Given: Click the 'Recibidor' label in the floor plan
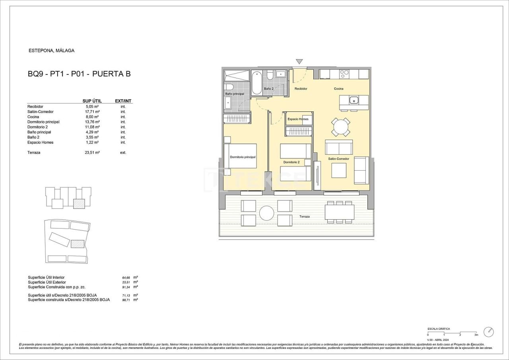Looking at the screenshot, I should (x=301, y=89).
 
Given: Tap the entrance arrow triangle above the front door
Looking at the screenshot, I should (x=299, y=62).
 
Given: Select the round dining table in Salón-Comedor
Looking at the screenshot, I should (x=341, y=127).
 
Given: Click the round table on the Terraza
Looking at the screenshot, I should (x=266, y=213).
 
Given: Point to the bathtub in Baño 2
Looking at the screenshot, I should (x=257, y=82).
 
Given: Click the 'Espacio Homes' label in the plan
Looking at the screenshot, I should (x=298, y=119).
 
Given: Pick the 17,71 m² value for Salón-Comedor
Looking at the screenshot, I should (x=93, y=112).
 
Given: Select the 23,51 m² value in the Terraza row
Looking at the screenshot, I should (x=93, y=152).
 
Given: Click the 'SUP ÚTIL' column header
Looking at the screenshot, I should (x=92, y=101).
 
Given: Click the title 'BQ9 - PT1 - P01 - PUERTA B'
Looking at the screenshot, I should (x=79, y=74).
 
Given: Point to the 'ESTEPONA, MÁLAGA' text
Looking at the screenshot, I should (x=52, y=51).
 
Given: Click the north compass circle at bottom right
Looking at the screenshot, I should (x=488, y=332).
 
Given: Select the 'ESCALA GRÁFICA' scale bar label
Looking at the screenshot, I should (x=439, y=329).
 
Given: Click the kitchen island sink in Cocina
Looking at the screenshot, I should (x=354, y=100).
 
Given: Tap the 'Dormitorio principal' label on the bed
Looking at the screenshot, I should (x=243, y=157).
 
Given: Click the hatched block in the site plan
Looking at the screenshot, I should (x=78, y=244).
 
